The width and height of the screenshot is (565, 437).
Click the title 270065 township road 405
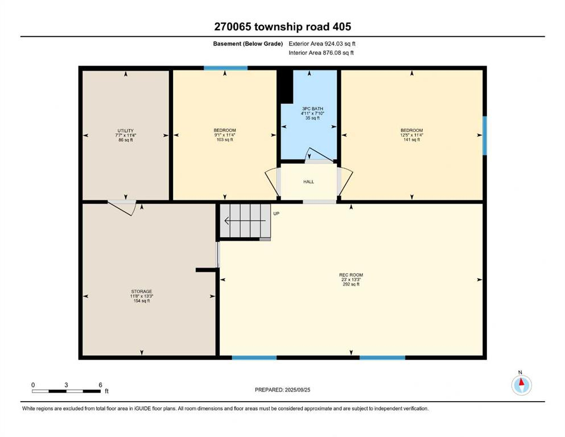[x=282, y=26]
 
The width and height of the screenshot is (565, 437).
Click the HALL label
[x=308, y=182]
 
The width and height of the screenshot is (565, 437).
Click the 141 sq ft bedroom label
[x=411, y=135]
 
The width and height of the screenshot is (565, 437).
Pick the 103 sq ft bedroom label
[x=225, y=135]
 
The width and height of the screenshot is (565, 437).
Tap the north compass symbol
[x=521, y=385]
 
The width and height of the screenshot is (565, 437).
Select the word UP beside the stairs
[x=277, y=213]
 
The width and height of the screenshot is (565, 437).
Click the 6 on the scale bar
[x=100, y=385]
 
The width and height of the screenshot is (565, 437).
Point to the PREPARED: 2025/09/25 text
[x=282, y=390]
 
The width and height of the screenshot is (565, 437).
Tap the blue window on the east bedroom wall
[x=485, y=135]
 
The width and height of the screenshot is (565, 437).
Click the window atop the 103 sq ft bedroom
[x=226, y=68]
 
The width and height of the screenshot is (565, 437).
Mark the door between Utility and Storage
[x=122, y=206]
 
